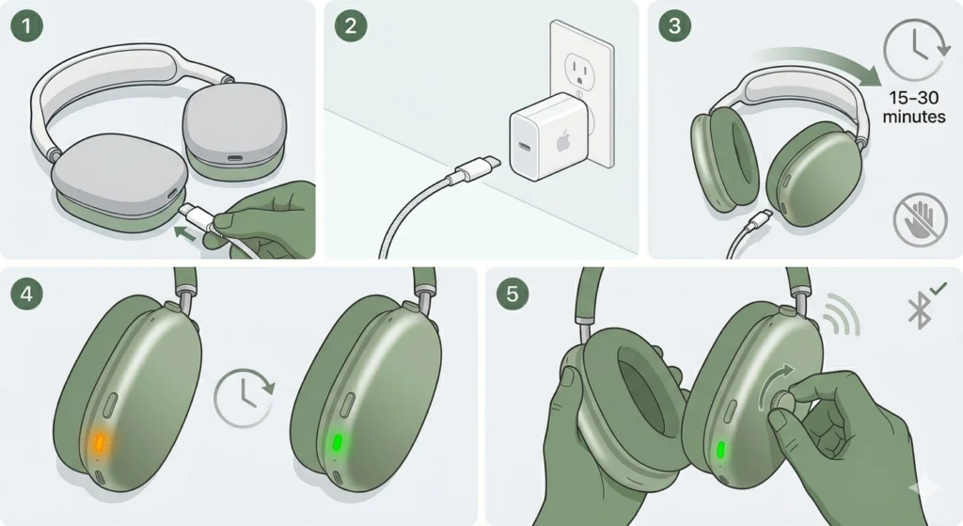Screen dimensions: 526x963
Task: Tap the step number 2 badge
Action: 351,26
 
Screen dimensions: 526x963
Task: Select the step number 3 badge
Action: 673,26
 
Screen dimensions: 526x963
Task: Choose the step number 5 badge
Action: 512,294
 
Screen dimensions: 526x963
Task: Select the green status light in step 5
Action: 719,450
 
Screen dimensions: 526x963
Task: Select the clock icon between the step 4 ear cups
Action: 244,395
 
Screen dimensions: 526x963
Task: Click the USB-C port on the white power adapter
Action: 524,151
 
